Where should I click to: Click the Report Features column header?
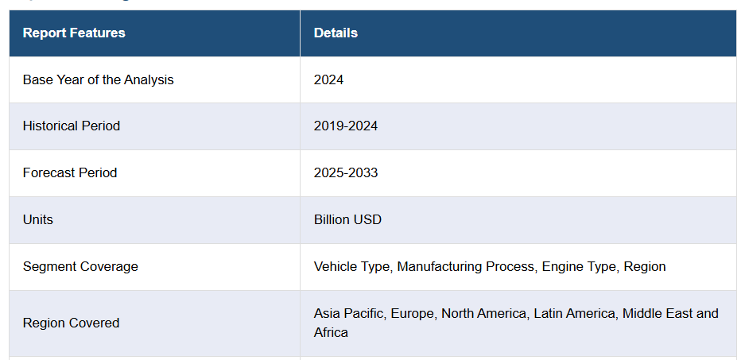pos(74,33)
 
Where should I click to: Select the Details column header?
pos(336,33)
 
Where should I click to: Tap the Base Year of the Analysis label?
pos(98,79)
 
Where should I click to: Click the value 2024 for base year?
pos(328,79)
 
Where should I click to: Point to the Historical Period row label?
pos(72,126)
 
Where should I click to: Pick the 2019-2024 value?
pos(346,126)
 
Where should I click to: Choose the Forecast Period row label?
pos(70,173)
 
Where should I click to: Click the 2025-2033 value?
pos(346,173)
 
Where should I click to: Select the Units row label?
pos(38,219)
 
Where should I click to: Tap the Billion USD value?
pos(347,219)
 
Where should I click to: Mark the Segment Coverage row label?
pos(80,267)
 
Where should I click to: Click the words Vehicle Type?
pos(351,267)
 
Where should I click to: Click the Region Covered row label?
pos(71,323)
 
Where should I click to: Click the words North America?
pos(483,314)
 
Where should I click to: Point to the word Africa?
pos(331,332)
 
